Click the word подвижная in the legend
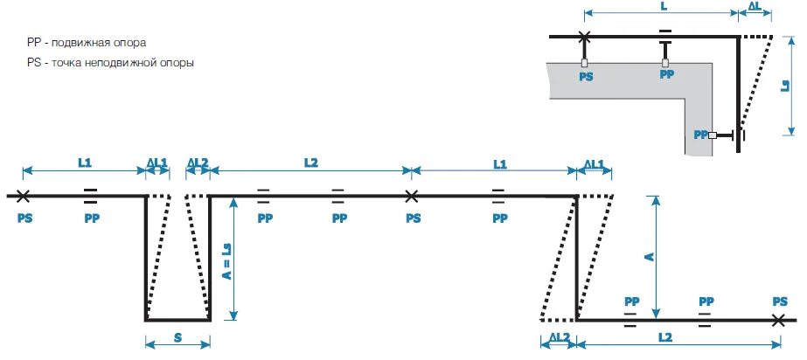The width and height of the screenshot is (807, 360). (x=82, y=42)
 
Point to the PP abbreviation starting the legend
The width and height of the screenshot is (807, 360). (x=34, y=42)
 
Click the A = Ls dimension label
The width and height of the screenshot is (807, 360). (x=225, y=260)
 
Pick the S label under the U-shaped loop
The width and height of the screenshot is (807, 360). (x=177, y=337)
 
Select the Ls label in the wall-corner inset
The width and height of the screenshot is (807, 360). (x=785, y=85)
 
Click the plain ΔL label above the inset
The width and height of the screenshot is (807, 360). (x=755, y=7)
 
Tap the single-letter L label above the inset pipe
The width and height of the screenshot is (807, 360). (x=664, y=7)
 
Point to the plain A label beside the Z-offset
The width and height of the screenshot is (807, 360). (x=647, y=256)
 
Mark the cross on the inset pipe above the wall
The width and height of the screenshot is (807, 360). (x=585, y=36)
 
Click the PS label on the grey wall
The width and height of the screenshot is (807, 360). (x=586, y=76)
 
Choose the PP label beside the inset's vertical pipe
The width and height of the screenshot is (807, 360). (x=699, y=135)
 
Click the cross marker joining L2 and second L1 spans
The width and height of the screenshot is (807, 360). (x=412, y=196)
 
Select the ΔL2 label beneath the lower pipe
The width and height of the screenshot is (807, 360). (x=559, y=336)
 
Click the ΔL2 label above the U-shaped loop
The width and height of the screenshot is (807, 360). (x=198, y=163)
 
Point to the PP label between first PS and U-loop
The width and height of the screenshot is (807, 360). (x=92, y=218)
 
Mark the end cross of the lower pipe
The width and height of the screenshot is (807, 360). (x=779, y=321)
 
